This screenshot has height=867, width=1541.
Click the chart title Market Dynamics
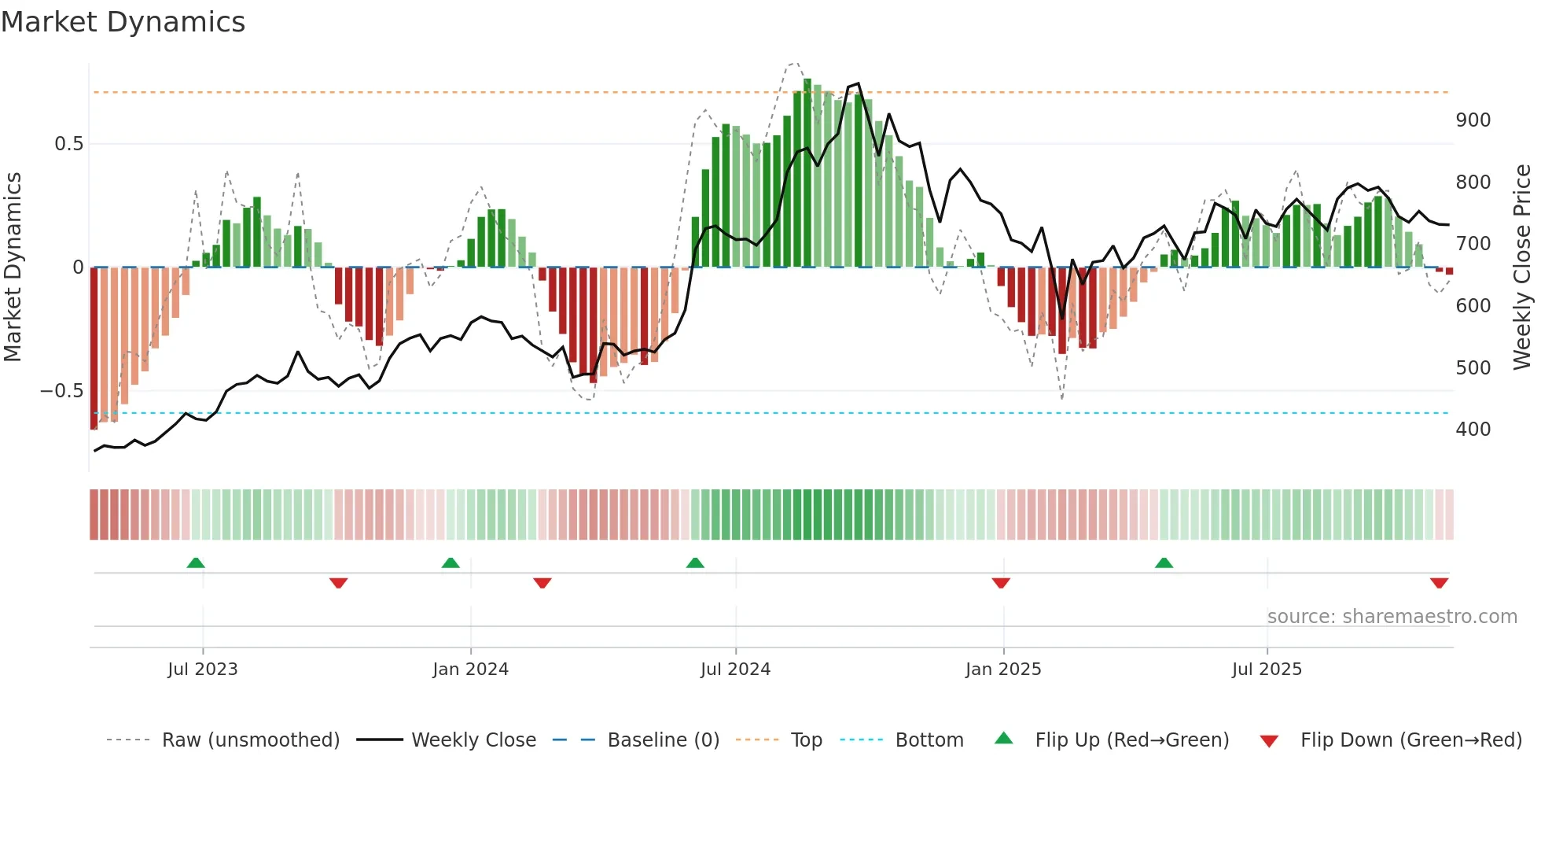pos(123,22)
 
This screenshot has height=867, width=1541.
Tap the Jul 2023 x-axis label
pos(202,670)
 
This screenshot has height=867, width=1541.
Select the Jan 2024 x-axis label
pos(470,670)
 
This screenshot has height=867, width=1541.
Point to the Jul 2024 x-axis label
pos(735,670)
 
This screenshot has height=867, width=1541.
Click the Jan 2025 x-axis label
pos(1003,670)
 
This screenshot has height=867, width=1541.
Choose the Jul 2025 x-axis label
pos(1267,670)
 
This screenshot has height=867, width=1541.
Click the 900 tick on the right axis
pos(1473,120)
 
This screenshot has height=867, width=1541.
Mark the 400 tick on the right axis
pos(1473,430)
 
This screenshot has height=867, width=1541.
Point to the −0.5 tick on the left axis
pos(61,391)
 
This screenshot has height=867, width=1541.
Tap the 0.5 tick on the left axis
pos(68,144)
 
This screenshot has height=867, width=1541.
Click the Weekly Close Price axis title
pos(1522,267)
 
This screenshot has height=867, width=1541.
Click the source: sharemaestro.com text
pos(1392,617)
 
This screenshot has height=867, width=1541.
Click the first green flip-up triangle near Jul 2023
pos(196,563)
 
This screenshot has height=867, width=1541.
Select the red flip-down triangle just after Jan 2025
pos(1001,583)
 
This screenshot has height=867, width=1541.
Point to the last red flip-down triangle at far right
pos(1439,583)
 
